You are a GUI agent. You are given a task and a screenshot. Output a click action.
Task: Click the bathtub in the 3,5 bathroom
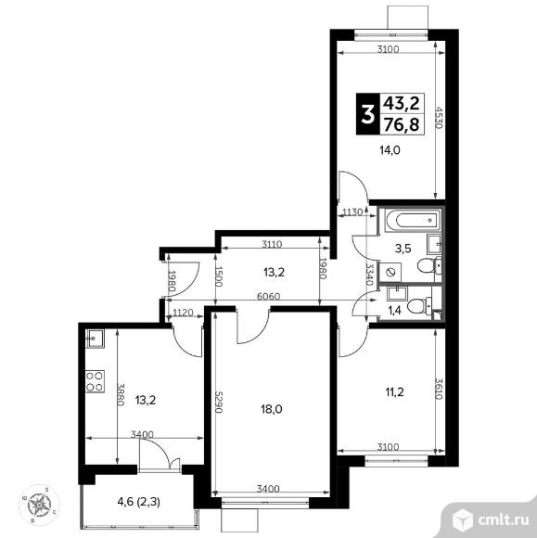point(413,220)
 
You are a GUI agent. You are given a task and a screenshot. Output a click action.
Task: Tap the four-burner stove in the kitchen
point(95,381)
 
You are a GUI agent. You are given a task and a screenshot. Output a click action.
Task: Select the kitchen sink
point(95,339)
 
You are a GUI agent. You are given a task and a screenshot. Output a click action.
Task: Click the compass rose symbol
point(40,505)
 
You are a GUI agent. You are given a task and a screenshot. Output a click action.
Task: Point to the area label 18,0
point(272,409)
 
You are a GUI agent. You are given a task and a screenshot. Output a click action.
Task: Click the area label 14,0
point(390,150)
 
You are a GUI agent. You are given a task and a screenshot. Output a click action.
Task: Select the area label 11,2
point(394,391)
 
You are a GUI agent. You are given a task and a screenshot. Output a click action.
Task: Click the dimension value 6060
point(268,296)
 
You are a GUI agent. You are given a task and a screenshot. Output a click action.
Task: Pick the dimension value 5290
point(219,402)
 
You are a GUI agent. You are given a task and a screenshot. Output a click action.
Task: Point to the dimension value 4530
point(439,117)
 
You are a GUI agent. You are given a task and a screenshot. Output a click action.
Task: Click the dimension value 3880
point(120,394)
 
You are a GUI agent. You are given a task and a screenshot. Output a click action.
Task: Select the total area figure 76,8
point(401,124)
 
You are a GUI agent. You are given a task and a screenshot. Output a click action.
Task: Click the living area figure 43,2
point(401,103)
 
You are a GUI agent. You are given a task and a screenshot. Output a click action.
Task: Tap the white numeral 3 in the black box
point(367,115)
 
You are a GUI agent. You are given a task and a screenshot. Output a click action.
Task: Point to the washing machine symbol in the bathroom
point(390,273)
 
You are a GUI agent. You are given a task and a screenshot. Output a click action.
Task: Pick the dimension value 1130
point(352,212)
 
